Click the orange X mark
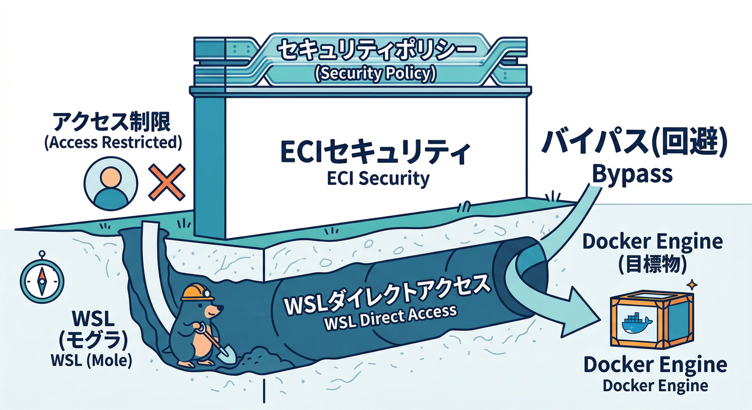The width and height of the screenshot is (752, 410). [166, 182]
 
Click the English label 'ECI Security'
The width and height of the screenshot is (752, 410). [378, 178]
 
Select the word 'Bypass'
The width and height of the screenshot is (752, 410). [632, 174]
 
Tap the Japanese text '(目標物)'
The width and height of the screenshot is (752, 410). [652, 264]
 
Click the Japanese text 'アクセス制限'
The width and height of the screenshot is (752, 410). [111, 123]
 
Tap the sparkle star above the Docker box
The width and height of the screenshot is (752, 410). [692, 284]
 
